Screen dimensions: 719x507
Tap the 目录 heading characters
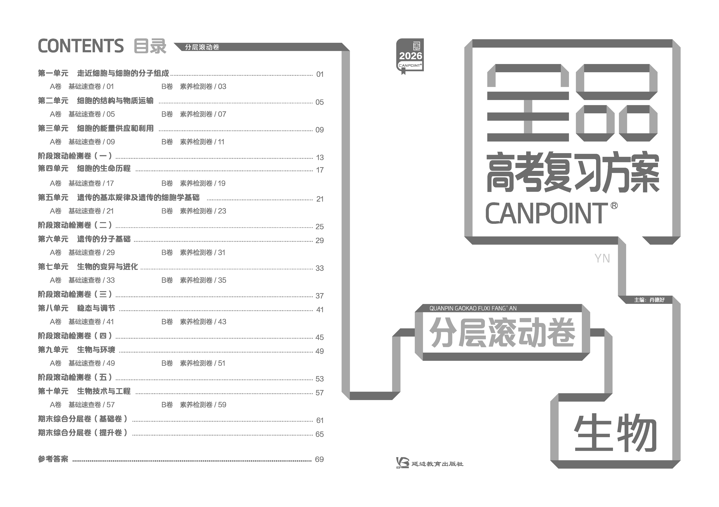(150, 46)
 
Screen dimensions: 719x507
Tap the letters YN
(602, 259)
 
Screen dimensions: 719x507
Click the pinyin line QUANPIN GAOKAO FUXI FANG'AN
(473, 308)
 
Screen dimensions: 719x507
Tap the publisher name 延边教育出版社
(437, 464)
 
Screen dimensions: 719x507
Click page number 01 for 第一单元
(320, 74)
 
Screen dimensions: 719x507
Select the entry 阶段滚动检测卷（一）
(75, 156)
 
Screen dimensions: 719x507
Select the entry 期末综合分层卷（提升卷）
(83, 433)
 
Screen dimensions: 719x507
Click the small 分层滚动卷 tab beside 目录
(202, 47)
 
